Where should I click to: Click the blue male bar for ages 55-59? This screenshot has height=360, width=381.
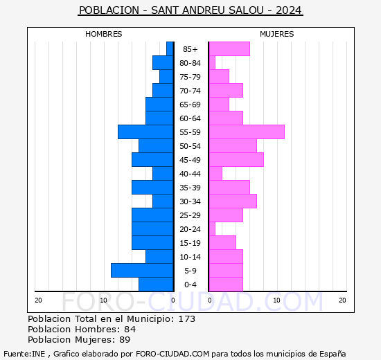145,132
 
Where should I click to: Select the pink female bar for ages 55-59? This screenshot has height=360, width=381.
247,132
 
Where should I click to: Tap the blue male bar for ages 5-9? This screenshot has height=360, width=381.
142,271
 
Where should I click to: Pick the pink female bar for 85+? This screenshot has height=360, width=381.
229,49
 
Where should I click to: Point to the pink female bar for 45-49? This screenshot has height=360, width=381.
236,160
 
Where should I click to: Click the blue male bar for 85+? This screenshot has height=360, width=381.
170,49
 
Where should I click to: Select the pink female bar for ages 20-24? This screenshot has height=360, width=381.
212,229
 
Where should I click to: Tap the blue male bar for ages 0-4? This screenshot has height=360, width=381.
156,285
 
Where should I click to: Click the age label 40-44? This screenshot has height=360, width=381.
190,174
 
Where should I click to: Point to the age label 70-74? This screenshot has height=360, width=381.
190,91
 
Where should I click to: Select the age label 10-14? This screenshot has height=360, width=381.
190,257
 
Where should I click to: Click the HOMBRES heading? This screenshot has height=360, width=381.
104,34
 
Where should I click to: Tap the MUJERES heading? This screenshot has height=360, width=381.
277,34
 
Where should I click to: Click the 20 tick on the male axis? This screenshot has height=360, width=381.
38,300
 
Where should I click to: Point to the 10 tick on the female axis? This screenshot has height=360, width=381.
277,300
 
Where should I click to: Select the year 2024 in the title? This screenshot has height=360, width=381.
289,10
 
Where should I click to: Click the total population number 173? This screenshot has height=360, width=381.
187,318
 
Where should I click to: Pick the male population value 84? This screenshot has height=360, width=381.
130,329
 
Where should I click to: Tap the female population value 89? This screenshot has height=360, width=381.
125,340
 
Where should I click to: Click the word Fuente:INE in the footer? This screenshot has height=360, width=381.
24,354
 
